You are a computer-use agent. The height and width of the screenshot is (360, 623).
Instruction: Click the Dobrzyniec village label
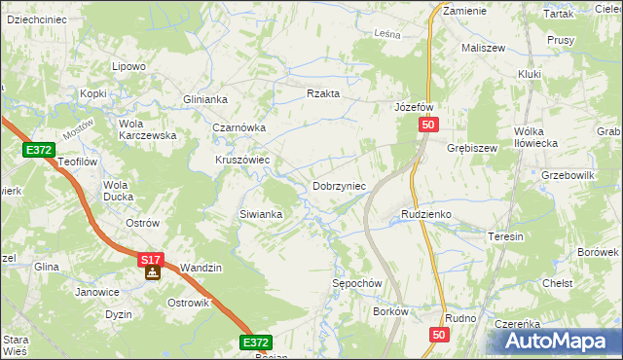coord(338,186)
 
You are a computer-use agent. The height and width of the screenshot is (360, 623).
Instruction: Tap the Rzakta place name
coord(322,93)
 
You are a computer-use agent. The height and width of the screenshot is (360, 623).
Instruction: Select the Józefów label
coord(413,106)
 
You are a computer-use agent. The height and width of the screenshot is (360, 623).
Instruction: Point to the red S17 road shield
coord(150,260)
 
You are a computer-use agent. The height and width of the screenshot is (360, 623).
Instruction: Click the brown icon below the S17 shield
coord(152,273)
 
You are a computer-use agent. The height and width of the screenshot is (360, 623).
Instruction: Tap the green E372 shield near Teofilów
coord(38,149)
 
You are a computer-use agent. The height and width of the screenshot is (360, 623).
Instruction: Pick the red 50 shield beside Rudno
coord(439,335)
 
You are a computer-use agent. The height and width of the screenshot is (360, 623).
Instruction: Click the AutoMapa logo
coord(562,341)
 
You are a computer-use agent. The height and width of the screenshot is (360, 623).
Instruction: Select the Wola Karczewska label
coord(146,129)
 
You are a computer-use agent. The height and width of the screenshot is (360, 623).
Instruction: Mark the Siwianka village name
coord(261,214)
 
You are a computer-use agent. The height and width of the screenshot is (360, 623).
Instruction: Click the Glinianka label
coord(204,99)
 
